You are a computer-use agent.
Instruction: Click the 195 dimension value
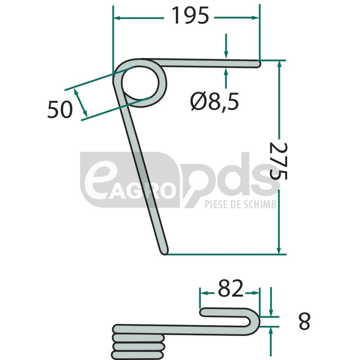(190, 15)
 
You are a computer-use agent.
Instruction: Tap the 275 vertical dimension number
(278, 161)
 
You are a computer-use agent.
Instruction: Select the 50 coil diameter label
(60, 109)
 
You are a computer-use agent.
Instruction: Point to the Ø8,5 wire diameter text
(215, 101)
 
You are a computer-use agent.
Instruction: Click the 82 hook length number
(230, 288)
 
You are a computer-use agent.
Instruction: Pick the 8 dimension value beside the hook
(305, 321)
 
